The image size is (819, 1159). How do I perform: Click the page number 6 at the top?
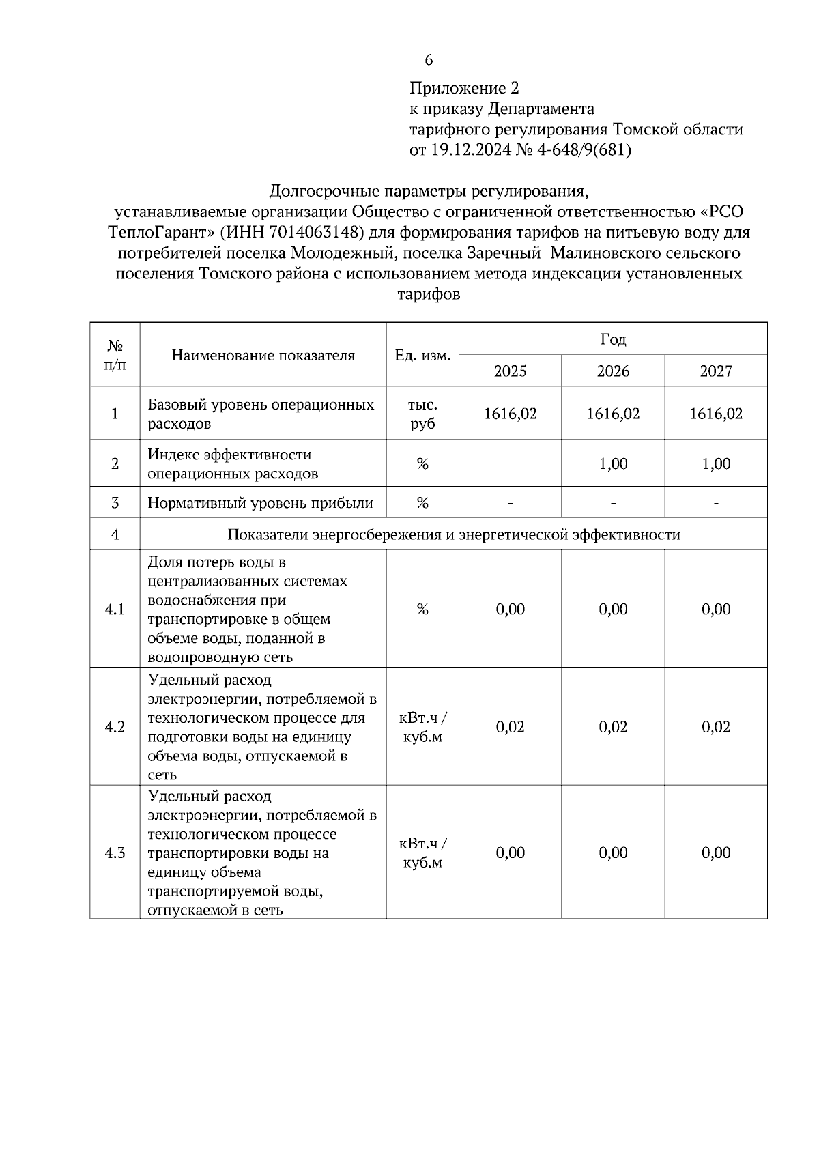click(429, 60)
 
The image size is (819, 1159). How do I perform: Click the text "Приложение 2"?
click(464, 88)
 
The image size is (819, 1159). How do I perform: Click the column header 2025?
click(510, 371)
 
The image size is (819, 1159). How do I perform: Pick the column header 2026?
click(613, 371)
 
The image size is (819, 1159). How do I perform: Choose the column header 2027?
click(716, 371)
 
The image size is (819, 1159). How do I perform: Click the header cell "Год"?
click(613, 339)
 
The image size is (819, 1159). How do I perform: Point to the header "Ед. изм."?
click(422, 355)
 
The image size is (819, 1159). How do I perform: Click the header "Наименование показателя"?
click(263, 355)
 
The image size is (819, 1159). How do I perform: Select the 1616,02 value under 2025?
click(510, 414)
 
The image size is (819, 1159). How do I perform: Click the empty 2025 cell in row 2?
click(510, 463)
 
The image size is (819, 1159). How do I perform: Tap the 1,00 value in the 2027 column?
click(716, 463)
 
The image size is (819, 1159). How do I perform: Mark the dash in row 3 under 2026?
click(613, 503)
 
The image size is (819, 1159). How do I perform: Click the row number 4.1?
click(115, 609)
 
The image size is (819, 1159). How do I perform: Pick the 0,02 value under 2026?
click(613, 727)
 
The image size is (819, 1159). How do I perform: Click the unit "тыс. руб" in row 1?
click(422, 414)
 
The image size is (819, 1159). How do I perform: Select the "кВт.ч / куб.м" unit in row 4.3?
click(422, 853)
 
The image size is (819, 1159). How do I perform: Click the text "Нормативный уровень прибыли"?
click(260, 503)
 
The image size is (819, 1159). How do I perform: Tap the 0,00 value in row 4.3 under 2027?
click(716, 853)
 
